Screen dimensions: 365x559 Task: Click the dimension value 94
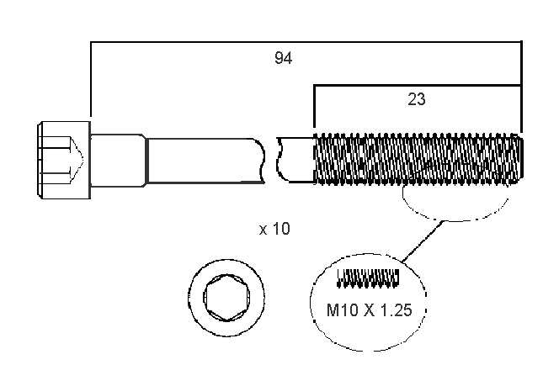tap(283, 58)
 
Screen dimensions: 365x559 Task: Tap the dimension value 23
tap(416, 99)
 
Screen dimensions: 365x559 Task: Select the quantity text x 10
tap(274, 229)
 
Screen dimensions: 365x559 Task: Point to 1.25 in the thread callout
tap(394, 310)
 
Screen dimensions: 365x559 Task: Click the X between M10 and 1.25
tap(370, 310)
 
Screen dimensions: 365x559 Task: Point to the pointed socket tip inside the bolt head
tap(78, 159)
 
